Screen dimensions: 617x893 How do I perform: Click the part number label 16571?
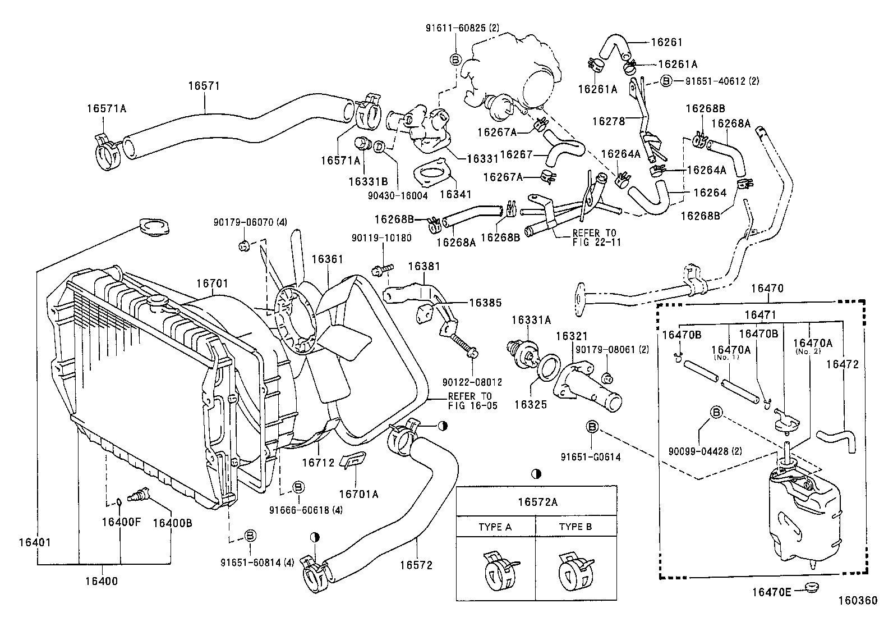pos(204,86)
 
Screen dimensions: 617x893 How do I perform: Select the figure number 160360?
pos(857,601)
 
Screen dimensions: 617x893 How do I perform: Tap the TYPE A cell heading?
pos(495,527)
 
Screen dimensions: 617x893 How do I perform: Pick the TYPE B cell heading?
pos(575,527)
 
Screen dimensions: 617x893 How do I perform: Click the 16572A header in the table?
pos(536,502)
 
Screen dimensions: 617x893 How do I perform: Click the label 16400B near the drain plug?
pos(173,522)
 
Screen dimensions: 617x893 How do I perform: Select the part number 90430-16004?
pos(398,196)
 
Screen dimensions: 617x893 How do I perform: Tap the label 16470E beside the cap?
pos(772,592)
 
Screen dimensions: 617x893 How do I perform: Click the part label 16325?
pos(531,404)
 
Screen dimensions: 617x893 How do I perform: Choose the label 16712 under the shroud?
pos(318,463)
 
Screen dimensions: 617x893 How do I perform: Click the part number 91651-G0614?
pos(591,457)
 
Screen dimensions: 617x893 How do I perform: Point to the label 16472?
pos(843,364)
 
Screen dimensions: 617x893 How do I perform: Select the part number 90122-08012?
pos(472,382)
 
